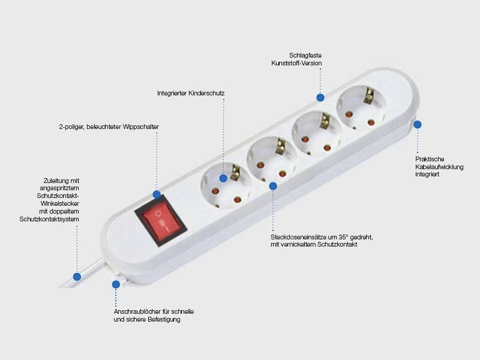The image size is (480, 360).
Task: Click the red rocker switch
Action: point(161,221)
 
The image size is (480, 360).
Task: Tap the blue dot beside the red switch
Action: point(157,194)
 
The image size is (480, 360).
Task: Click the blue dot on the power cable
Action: point(77,277)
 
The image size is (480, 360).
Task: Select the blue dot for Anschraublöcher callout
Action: point(116,284)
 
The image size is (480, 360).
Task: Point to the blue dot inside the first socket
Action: point(223,178)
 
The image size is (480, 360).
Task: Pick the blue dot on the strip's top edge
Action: point(320,98)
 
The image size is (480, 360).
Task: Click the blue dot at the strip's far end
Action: point(417,125)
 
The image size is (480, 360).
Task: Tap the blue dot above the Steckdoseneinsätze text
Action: point(273,186)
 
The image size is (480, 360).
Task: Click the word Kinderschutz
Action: point(206,93)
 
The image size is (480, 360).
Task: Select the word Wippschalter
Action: point(141,127)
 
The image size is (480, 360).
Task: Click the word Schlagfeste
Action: point(305,55)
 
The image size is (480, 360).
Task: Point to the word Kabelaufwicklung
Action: point(439,167)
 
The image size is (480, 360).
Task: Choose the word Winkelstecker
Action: point(59,203)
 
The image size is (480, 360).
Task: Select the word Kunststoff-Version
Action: point(296,64)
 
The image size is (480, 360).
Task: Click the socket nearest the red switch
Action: point(227,185)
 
